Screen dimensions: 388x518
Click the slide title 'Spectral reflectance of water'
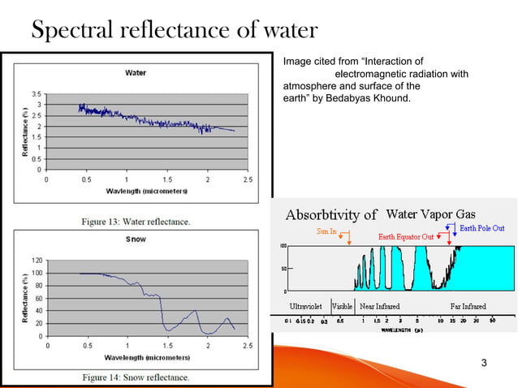tap(173, 31)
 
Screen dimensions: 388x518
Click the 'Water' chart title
tap(136, 73)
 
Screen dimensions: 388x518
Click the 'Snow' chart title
tap(136, 239)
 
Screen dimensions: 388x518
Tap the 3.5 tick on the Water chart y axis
tap(37, 94)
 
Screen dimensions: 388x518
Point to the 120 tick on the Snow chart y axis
tap(36, 261)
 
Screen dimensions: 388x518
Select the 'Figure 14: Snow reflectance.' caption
tap(135, 377)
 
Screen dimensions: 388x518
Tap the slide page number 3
tap(485, 361)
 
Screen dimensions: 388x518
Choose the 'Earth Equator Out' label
tap(411, 237)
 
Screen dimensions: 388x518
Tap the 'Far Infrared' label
tap(468, 306)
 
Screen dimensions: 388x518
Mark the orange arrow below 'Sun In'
tap(347, 239)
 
